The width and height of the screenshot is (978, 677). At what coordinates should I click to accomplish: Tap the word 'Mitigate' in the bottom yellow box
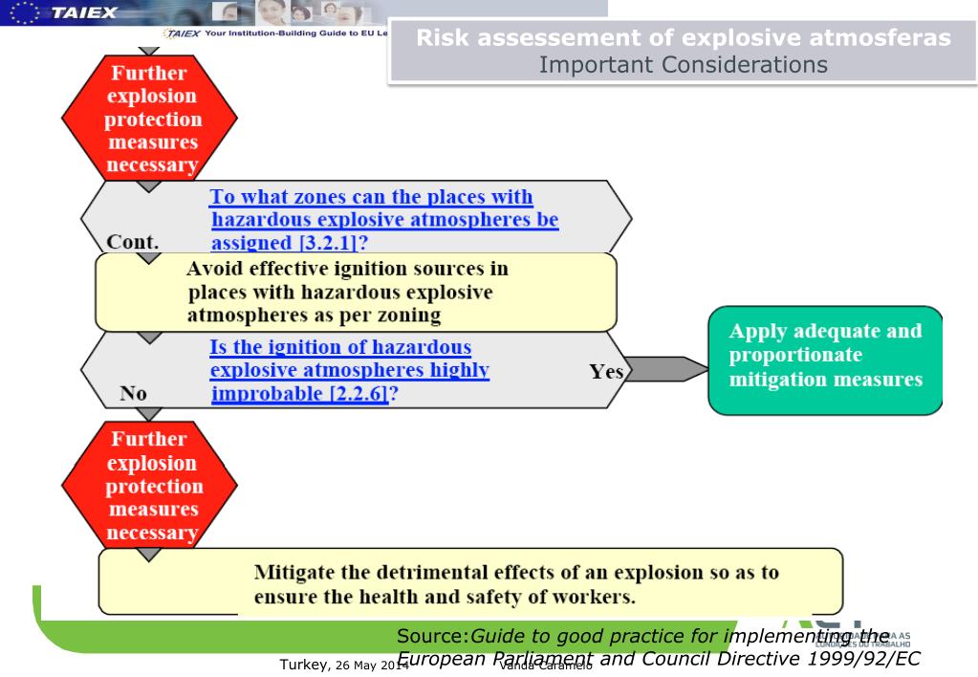[295, 573]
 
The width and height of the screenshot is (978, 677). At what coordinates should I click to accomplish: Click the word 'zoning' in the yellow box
[374, 312]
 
